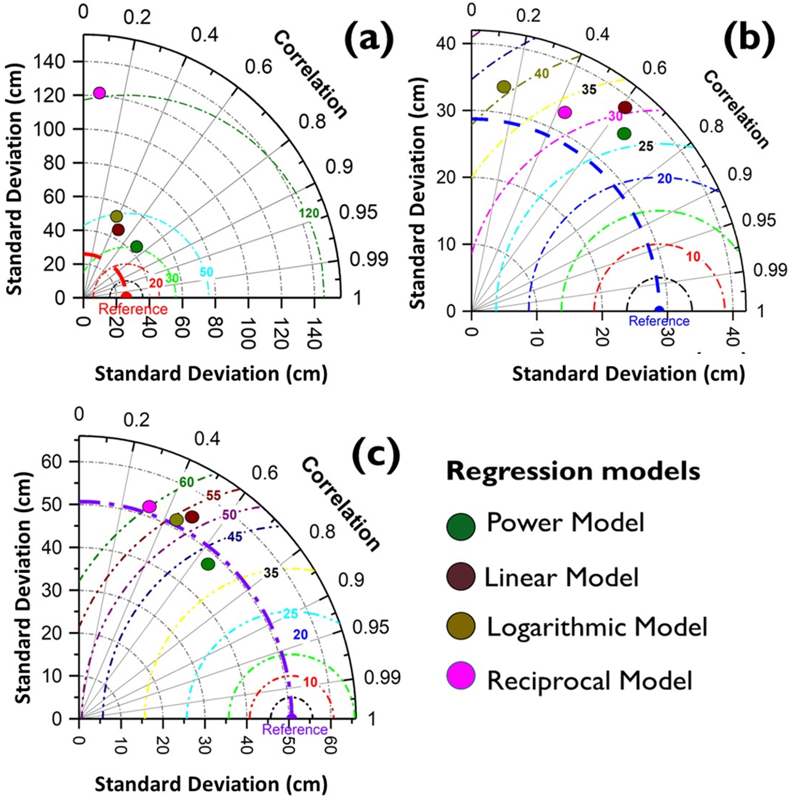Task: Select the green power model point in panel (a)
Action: [136, 247]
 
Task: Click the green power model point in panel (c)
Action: [208, 564]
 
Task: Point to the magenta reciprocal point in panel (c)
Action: [149, 506]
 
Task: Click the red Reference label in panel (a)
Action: [133, 309]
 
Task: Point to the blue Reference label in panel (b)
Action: [659, 321]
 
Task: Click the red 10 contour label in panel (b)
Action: [693, 257]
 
